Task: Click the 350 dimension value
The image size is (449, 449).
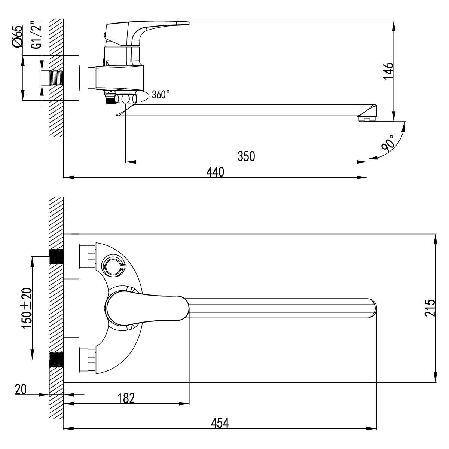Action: (246, 156)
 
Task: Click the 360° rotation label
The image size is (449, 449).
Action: (161, 95)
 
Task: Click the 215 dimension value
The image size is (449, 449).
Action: (430, 308)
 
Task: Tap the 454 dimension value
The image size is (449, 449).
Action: (220, 422)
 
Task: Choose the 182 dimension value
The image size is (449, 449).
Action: (126, 398)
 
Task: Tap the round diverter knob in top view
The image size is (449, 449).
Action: (112, 266)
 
